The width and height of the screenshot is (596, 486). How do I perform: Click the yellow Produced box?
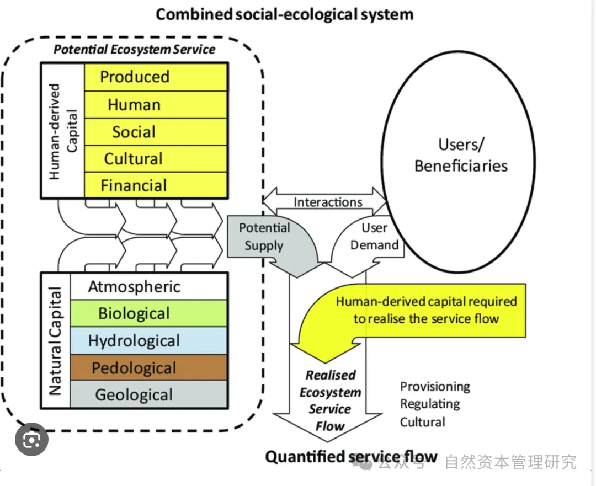[155, 77]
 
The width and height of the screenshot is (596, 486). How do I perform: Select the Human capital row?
[155, 104]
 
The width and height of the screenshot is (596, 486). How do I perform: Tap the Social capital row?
[155, 132]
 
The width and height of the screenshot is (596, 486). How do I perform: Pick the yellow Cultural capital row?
[155, 159]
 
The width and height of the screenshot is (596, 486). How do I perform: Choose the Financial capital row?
[155, 185]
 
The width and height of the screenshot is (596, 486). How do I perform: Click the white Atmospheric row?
[148, 286]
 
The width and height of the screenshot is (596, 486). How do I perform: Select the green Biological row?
[148, 313]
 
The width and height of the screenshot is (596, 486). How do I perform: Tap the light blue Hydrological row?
[148, 340]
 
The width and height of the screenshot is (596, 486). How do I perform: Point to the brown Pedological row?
[148, 367]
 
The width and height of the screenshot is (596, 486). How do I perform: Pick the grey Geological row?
[148, 394]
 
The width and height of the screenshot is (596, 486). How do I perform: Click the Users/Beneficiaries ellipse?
[461, 154]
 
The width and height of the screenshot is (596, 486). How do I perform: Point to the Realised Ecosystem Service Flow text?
[330, 400]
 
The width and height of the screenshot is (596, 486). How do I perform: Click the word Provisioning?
[435, 386]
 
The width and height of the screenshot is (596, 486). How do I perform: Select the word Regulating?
[430, 404]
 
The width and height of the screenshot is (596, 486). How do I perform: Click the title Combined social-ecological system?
[284, 14]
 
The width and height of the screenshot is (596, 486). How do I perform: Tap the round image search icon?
[31, 440]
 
